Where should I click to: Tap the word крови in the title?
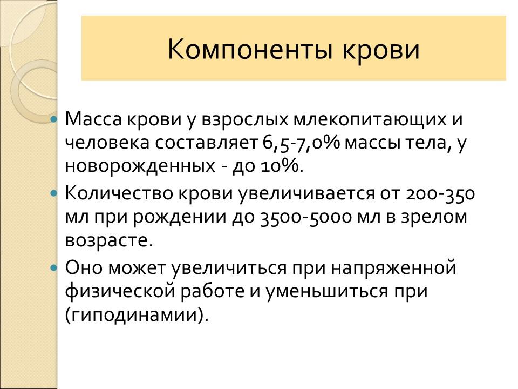click(x=381, y=50)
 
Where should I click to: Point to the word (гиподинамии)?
click(x=137, y=314)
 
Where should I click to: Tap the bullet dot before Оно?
click(x=53, y=267)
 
